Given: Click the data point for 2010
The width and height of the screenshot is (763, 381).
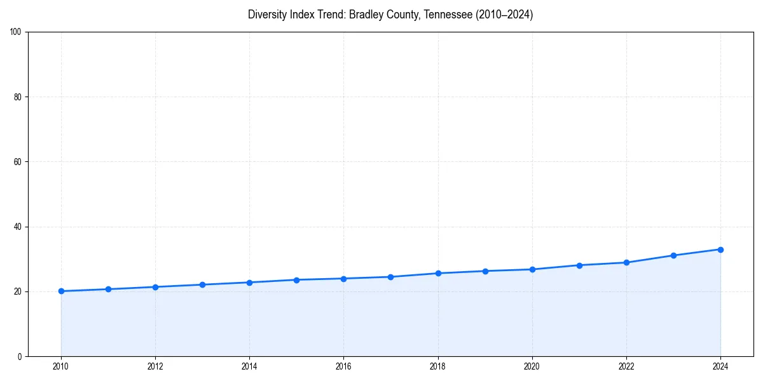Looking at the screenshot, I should click(x=61, y=291).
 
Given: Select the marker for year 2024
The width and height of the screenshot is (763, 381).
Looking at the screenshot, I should click(x=720, y=250).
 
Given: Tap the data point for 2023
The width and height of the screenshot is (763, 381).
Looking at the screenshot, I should click(x=673, y=255).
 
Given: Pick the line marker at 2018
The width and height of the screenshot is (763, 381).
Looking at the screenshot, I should click(x=438, y=273).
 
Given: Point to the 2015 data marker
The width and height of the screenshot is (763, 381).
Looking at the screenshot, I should click(x=296, y=280).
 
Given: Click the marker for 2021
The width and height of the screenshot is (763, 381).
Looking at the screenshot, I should click(x=579, y=265).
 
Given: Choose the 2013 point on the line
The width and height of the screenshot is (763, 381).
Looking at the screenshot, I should click(x=202, y=284).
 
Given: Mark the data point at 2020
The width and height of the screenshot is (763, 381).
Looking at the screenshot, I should click(x=532, y=269).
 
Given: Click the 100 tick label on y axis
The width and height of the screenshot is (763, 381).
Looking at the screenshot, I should click(x=17, y=32).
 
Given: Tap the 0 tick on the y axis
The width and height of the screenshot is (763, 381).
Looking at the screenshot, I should click(x=20, y=356).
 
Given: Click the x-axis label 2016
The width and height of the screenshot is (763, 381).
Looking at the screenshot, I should click(x=343, y=366).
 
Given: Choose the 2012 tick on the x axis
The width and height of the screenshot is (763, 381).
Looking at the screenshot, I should click(x=155, y=366).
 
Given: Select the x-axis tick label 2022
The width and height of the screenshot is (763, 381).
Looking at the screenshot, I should click(x=626, y=366).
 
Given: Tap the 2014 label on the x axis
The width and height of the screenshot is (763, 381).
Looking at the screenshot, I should click(x=249, y=366).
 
